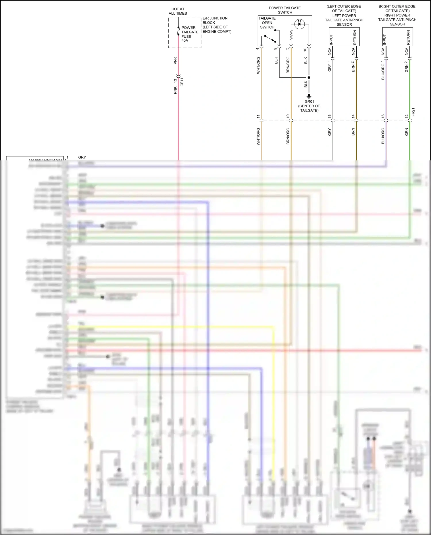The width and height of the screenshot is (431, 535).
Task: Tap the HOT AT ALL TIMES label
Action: pyautogui.click(x=178, y=11)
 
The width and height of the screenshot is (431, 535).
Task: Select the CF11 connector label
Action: pyautogui.click(x=182, y=82)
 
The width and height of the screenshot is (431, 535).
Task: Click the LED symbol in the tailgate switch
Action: pyautogui.click(x=299, y=24)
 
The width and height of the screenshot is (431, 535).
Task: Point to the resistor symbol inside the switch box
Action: pyautogui.click(x=291, y=35)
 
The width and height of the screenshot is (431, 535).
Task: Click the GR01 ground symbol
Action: pyautogui.click(x=309, y=96)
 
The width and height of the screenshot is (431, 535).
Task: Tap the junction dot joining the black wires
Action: pyautogui.click(x=309, y=78)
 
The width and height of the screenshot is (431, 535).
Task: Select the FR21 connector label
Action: pyautogui.click(x=413, y=112)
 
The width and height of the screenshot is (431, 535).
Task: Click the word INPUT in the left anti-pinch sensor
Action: pyautogui.click(x=331, y=39)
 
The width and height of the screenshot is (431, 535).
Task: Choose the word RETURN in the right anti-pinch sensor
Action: pyautogui.click(x=408, y=38)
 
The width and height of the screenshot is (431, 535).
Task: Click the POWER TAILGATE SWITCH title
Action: pyautogui.click(x=285, y=10)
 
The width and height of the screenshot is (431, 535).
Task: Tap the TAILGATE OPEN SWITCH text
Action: pyautogui.click(x=267, y=23)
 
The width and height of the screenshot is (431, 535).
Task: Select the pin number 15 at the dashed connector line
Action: pyautogui.click(x=330, y=116)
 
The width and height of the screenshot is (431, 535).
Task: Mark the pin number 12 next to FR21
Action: pyautogui.click(x=407, y=116)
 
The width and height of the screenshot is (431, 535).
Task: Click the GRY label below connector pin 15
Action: pyautogui.click(x=330, y=132)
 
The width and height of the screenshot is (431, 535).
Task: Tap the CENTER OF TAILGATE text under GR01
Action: pyautogui.click(x=309, y=108)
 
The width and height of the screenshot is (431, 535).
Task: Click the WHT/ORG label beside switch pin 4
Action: pyautogui.click(x=258, y=65)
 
